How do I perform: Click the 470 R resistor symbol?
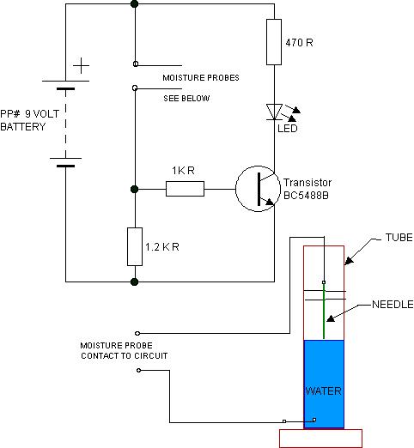point(274,42)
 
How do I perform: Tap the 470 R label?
point(299,43)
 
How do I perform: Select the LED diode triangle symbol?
point(274,112)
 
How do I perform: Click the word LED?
point(288,128)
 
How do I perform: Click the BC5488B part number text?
point(306,196)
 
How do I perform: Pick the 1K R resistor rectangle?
point(185,189)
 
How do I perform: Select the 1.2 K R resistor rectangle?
point(135,246)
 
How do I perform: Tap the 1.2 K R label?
point(162,247)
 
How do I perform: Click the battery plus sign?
point(82,66)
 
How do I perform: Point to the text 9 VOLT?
point(42,114)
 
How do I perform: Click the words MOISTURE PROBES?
point(201,78)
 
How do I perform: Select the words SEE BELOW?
point(186,99)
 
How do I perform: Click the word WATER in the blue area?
point(323,391)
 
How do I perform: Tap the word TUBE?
point(399,238)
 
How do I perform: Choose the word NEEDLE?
point(393,305)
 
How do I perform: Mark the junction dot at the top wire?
point(134,4)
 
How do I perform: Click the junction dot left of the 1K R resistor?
point(134,189)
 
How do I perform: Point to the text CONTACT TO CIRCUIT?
point(125,356)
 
